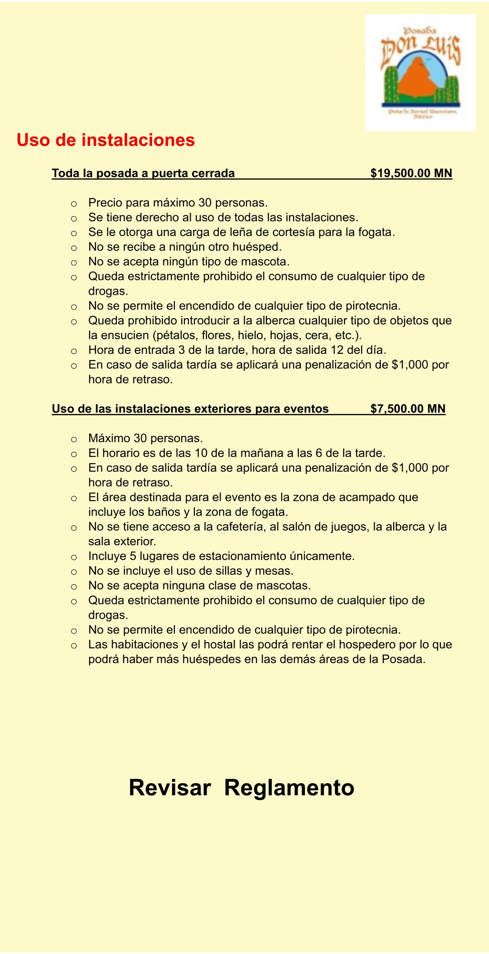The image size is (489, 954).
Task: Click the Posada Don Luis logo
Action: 420,73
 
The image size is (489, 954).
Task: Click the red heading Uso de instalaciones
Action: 106,140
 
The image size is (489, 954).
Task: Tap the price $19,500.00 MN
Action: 411,173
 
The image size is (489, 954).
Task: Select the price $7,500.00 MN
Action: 408,409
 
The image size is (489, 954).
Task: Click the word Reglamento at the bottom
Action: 289,788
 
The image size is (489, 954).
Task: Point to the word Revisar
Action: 170,788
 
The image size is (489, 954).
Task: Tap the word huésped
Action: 261,247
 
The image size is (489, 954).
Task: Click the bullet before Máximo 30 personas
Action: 74,439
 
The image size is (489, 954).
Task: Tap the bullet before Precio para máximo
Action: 74,204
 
